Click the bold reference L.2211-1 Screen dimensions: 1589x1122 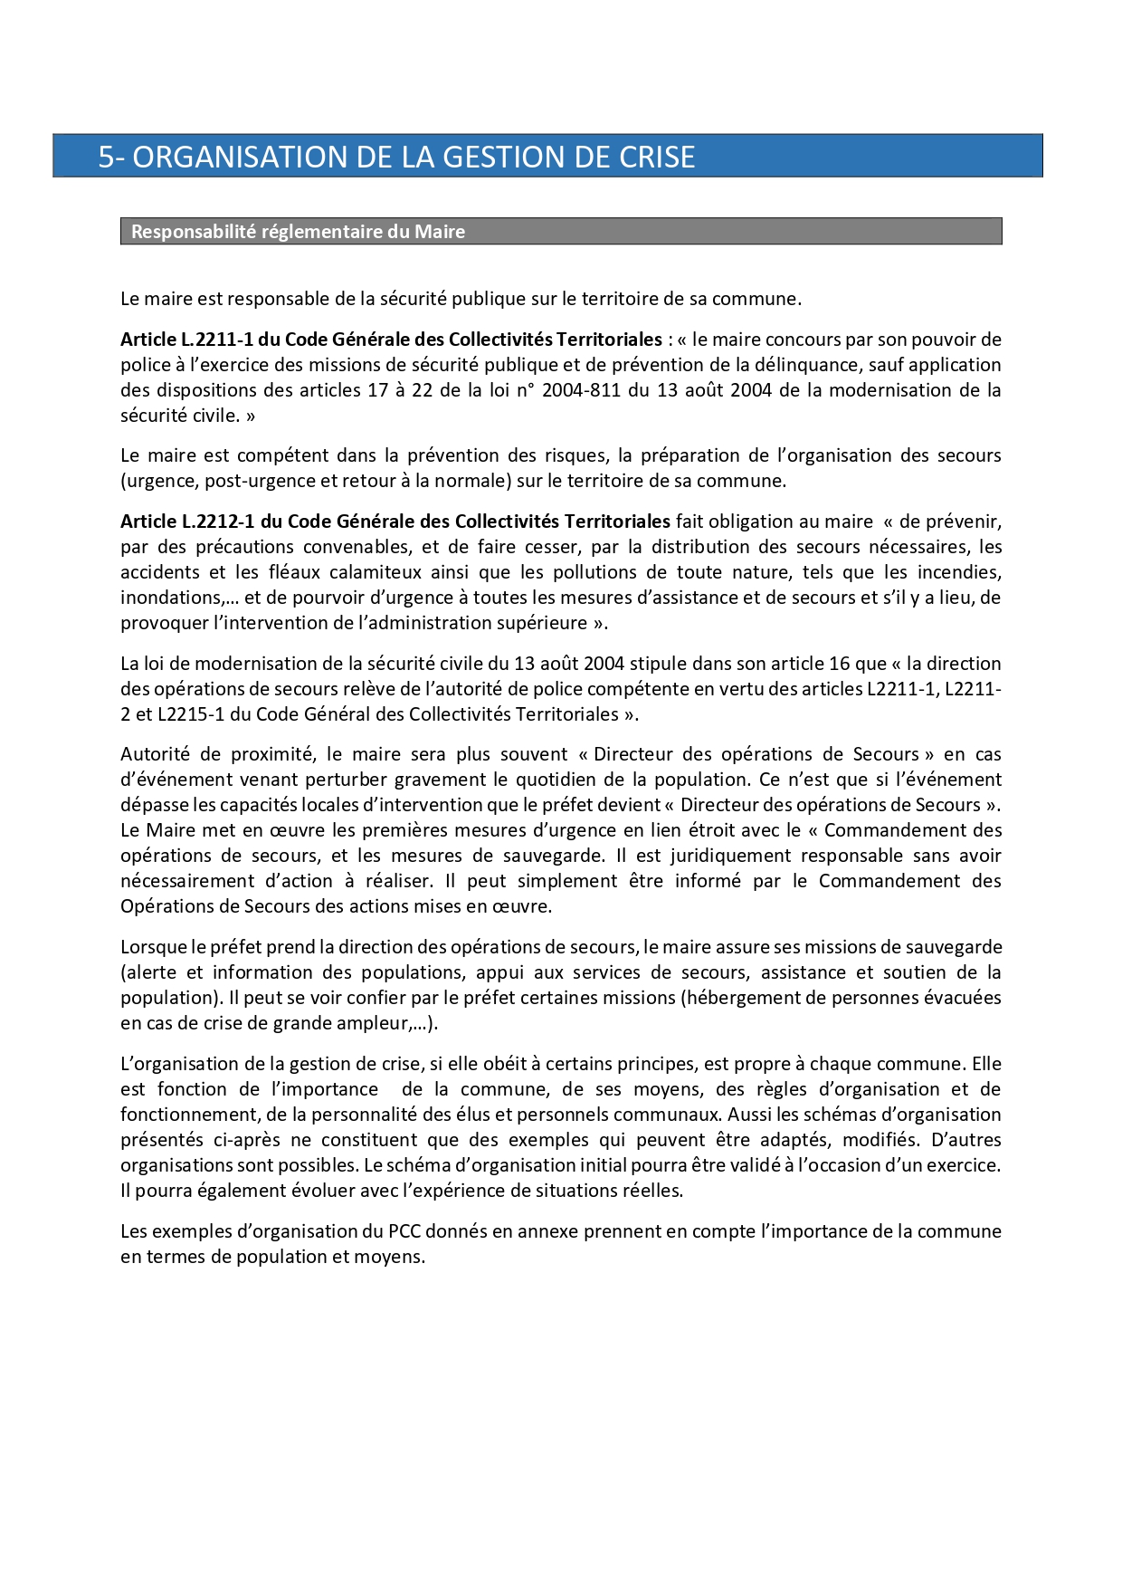point(217,340)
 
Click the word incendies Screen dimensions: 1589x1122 point(959,572)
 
